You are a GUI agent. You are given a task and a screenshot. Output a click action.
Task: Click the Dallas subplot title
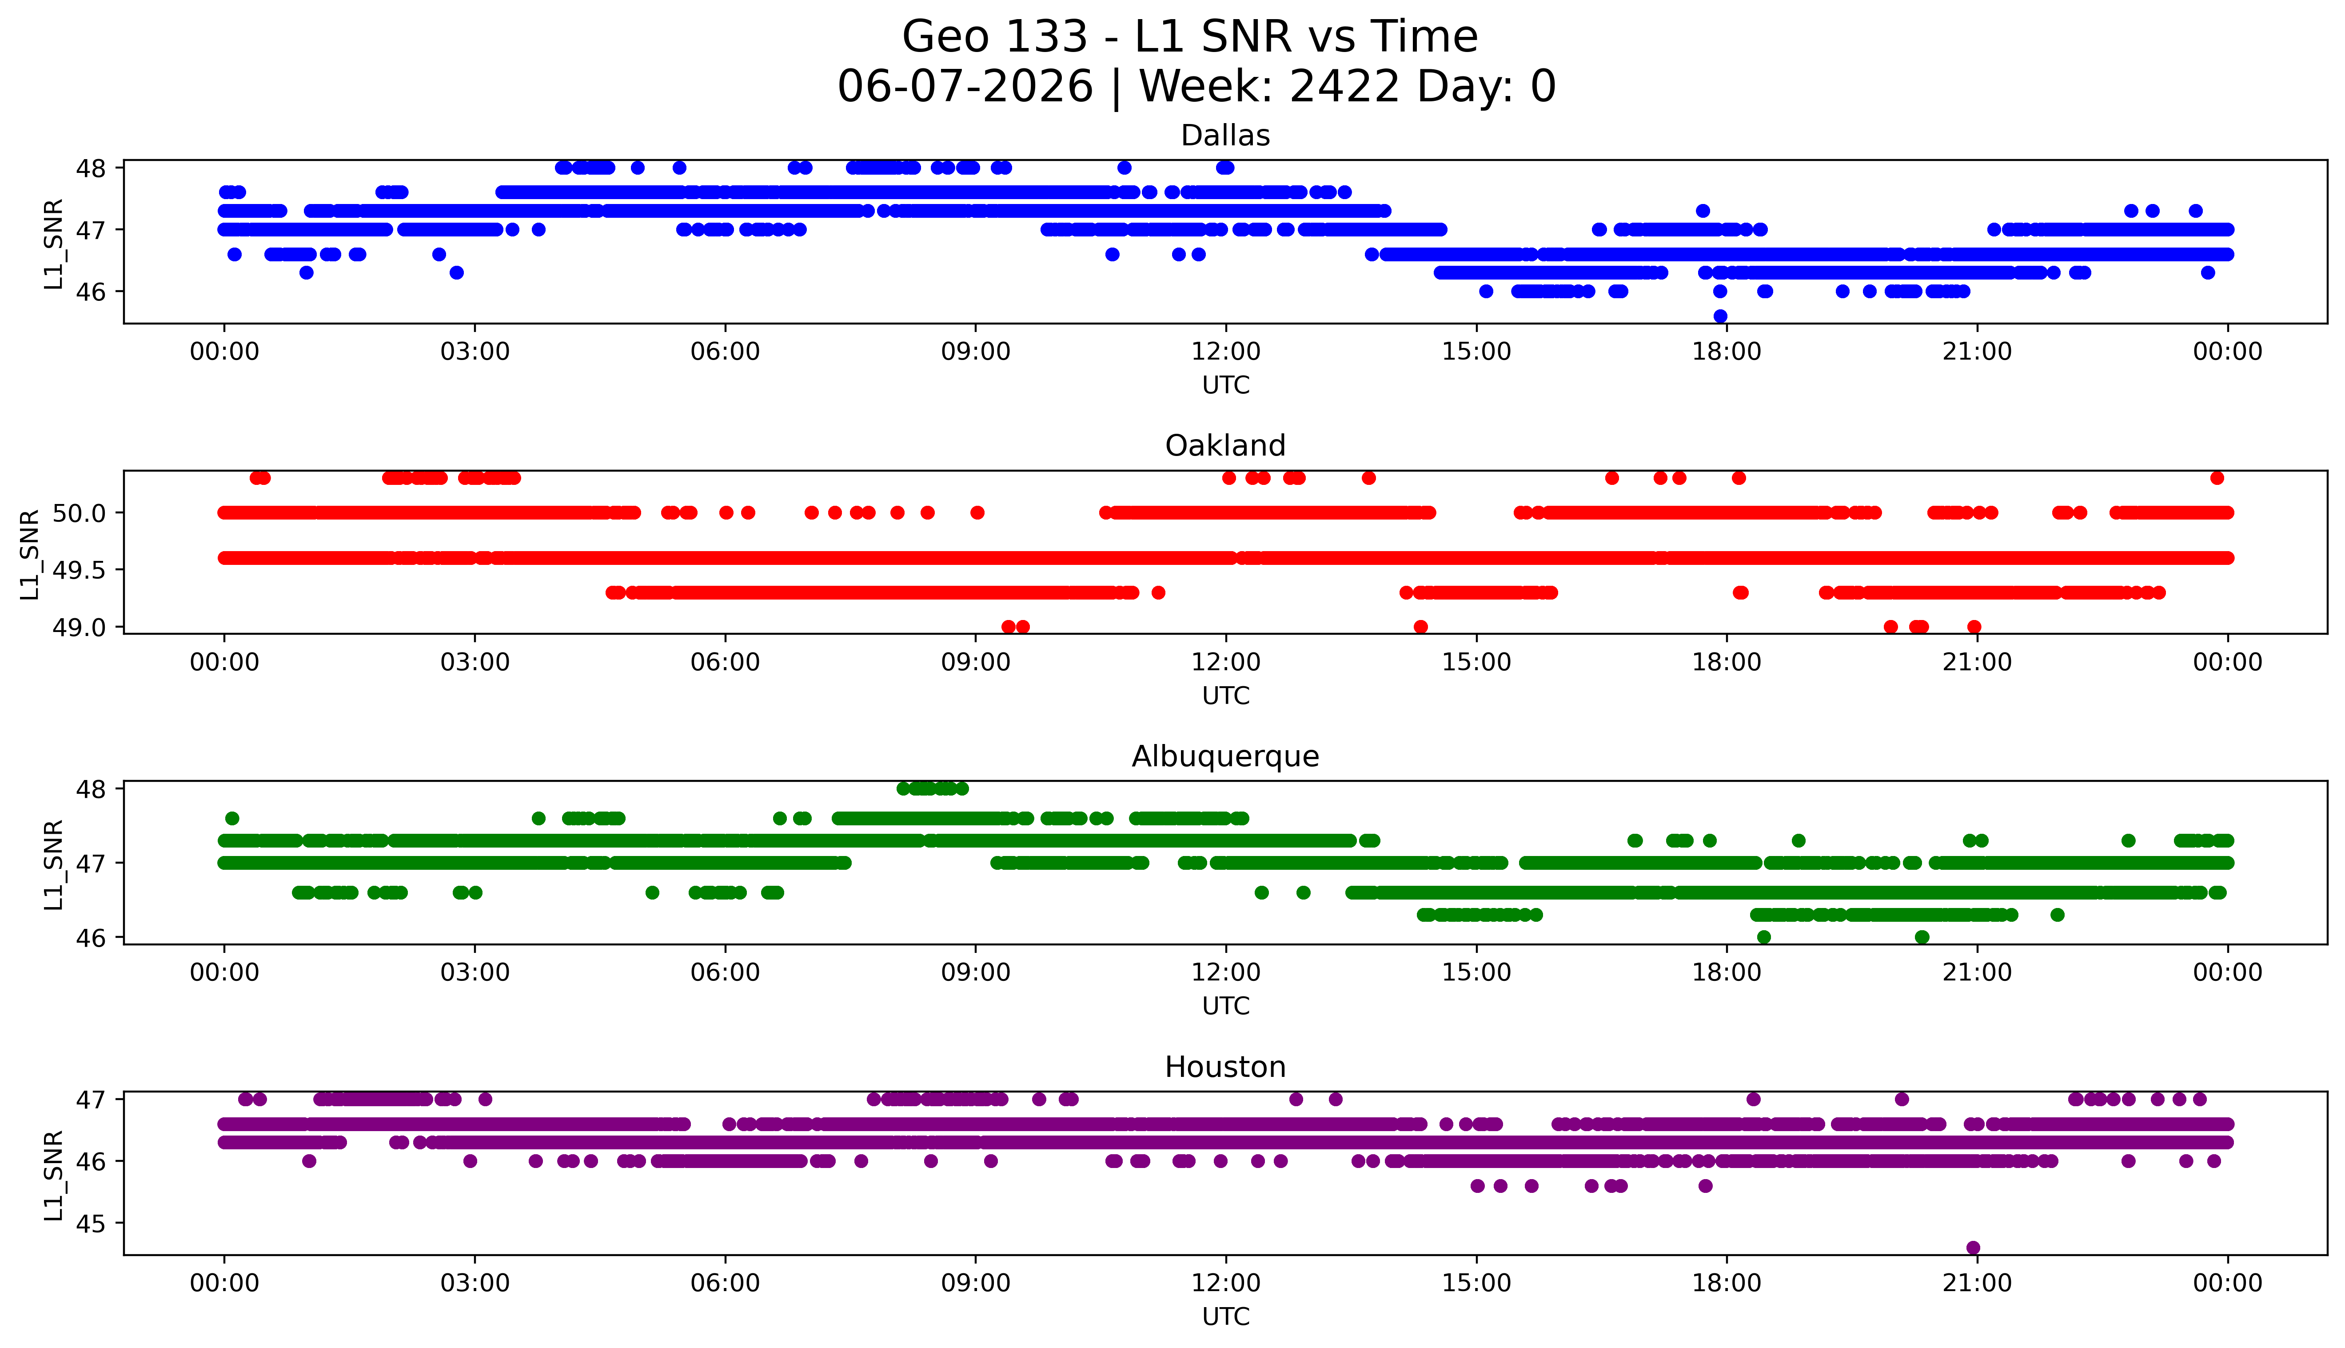pos(1225,136)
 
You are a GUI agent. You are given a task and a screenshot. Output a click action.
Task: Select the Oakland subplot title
pos(1225,446)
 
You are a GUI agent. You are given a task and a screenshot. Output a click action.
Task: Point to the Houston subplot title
pos(1225,1068)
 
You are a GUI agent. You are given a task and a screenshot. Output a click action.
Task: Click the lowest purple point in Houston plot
pos(1973,1247)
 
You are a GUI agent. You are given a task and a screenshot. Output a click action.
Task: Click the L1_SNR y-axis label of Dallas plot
pos(54,244)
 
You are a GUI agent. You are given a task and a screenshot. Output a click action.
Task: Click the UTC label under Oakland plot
pos(1225,695)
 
